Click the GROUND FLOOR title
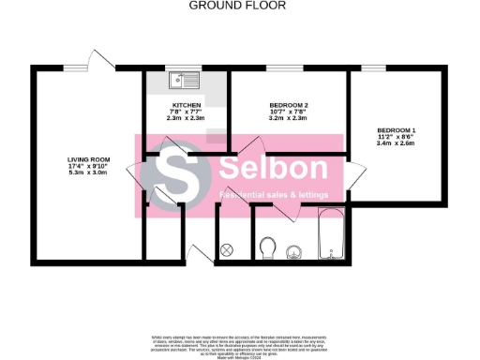pyautogui.click(x=238, y=6)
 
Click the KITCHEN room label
pyautogui.click(x=187, y=105)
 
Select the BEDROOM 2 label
pyautogui.click(x=289, y=105)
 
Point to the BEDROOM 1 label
pyautogui.click(x=397, y=130)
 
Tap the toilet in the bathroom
pyautogui.click(x=268, y=248)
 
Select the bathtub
pyautogui.click(x=333, y=239)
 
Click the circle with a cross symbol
pyautogui.click(x=227, y=250)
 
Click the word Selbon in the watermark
pyautogui.click(x=274, y=170)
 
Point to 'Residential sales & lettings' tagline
pyautogui.click(x=274, y=195)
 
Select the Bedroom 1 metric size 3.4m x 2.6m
pyautogui.click(x=397, y=144)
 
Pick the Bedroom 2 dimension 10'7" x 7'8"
pyautogui.click(x=289, y=112)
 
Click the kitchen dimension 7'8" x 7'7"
pyautogui.click(x=187, y=112)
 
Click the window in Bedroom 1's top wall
pyautogui.click(x=375, y=67)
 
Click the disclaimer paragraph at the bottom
pyautogui.click(x=240, y=344)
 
